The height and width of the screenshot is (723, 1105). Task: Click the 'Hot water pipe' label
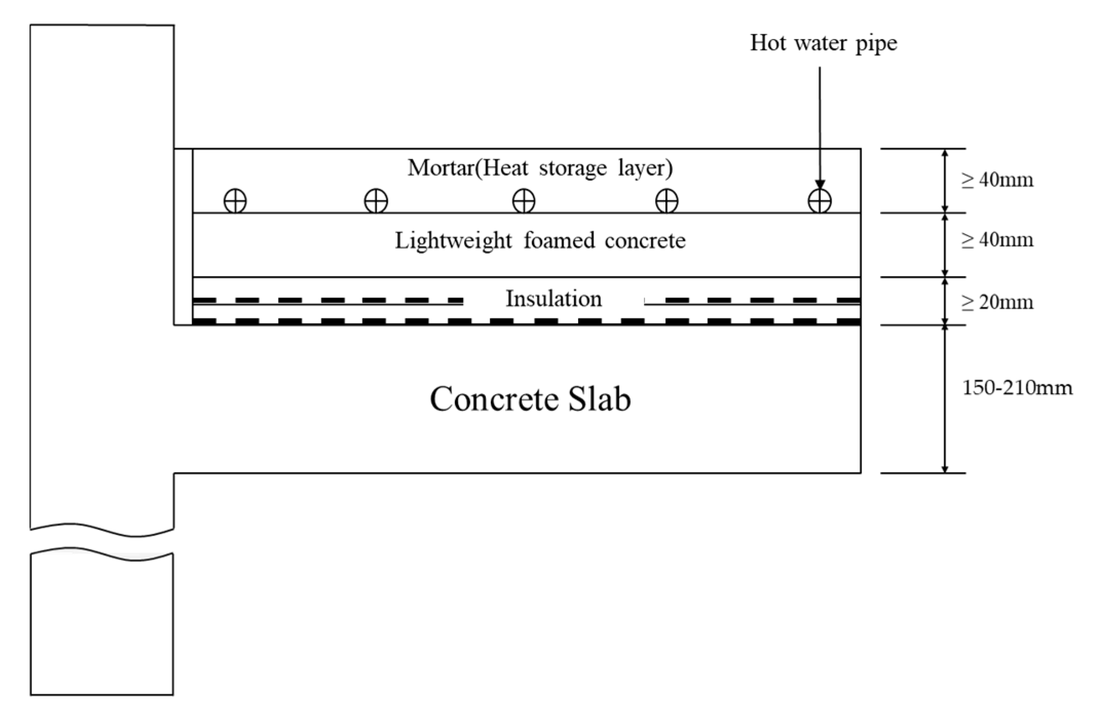coord(823,43)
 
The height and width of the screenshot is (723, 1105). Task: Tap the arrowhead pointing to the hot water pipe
coord(820,185)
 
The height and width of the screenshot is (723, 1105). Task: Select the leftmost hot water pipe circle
coord(235,201)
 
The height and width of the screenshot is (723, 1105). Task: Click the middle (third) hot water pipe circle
coord(524,201)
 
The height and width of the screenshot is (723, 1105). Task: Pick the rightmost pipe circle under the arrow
coord(820,201)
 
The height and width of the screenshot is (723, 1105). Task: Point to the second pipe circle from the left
coord(376,201)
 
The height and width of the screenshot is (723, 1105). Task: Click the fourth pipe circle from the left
coord(666,201)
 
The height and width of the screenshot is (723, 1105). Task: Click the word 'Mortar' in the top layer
coord(441,168)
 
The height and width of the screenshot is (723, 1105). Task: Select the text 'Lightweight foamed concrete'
coord(540,241)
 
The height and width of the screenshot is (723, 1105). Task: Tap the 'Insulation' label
coord(554,299)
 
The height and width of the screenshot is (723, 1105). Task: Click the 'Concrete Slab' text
coord(530,399)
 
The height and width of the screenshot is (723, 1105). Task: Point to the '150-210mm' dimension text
coord(1017,388)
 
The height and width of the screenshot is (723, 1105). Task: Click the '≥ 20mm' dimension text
coord(997,302)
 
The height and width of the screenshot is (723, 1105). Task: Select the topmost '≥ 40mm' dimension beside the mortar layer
coord(997,180)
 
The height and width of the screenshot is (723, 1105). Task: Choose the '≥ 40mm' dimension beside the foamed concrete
coord(997,240)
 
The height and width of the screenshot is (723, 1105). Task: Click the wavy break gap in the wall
coord(102,544)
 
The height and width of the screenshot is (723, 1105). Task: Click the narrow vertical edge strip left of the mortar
coord(183,236)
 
